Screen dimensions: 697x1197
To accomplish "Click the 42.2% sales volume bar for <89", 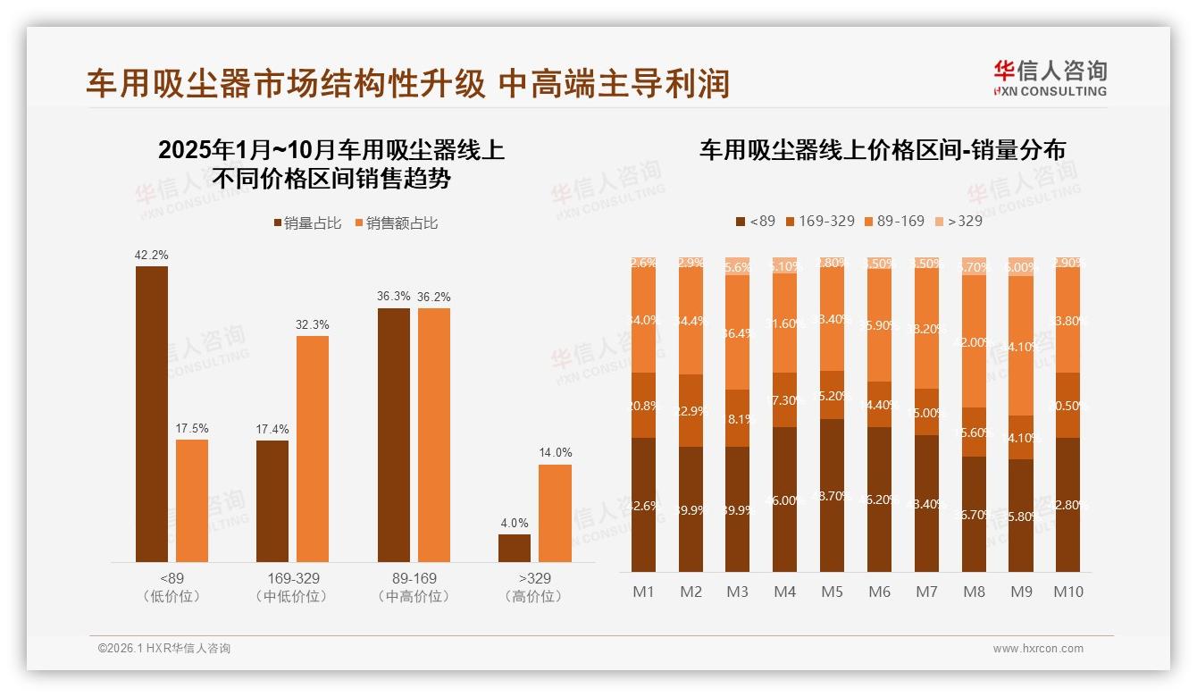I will pos(152,414).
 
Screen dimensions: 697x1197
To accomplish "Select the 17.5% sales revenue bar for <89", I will pos(192,500).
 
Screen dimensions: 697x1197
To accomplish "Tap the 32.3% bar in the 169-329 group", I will pos(313,449).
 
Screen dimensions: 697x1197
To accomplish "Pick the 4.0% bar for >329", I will pos(515,548).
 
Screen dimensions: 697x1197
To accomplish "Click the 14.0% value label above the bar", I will pos(555,453).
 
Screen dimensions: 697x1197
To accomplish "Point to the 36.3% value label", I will pos(394,297).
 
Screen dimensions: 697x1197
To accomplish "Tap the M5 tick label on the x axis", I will pos(832,592).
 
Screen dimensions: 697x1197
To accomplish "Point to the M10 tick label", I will pos(1067,592).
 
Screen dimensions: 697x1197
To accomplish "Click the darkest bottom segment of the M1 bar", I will pos(644,505).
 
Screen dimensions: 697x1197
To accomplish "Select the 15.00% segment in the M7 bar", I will pos(926,412).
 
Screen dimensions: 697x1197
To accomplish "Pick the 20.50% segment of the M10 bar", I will pos(1067,406).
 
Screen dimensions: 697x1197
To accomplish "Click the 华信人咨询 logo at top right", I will pos(1050,78).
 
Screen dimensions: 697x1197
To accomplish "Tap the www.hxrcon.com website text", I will pos(1038,649).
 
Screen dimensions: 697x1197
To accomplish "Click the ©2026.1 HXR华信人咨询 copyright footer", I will pos(164,649).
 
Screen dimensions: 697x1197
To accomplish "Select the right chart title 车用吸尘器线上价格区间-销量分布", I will pos(882,150).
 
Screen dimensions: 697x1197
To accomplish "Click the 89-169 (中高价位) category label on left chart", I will pos(414,587).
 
